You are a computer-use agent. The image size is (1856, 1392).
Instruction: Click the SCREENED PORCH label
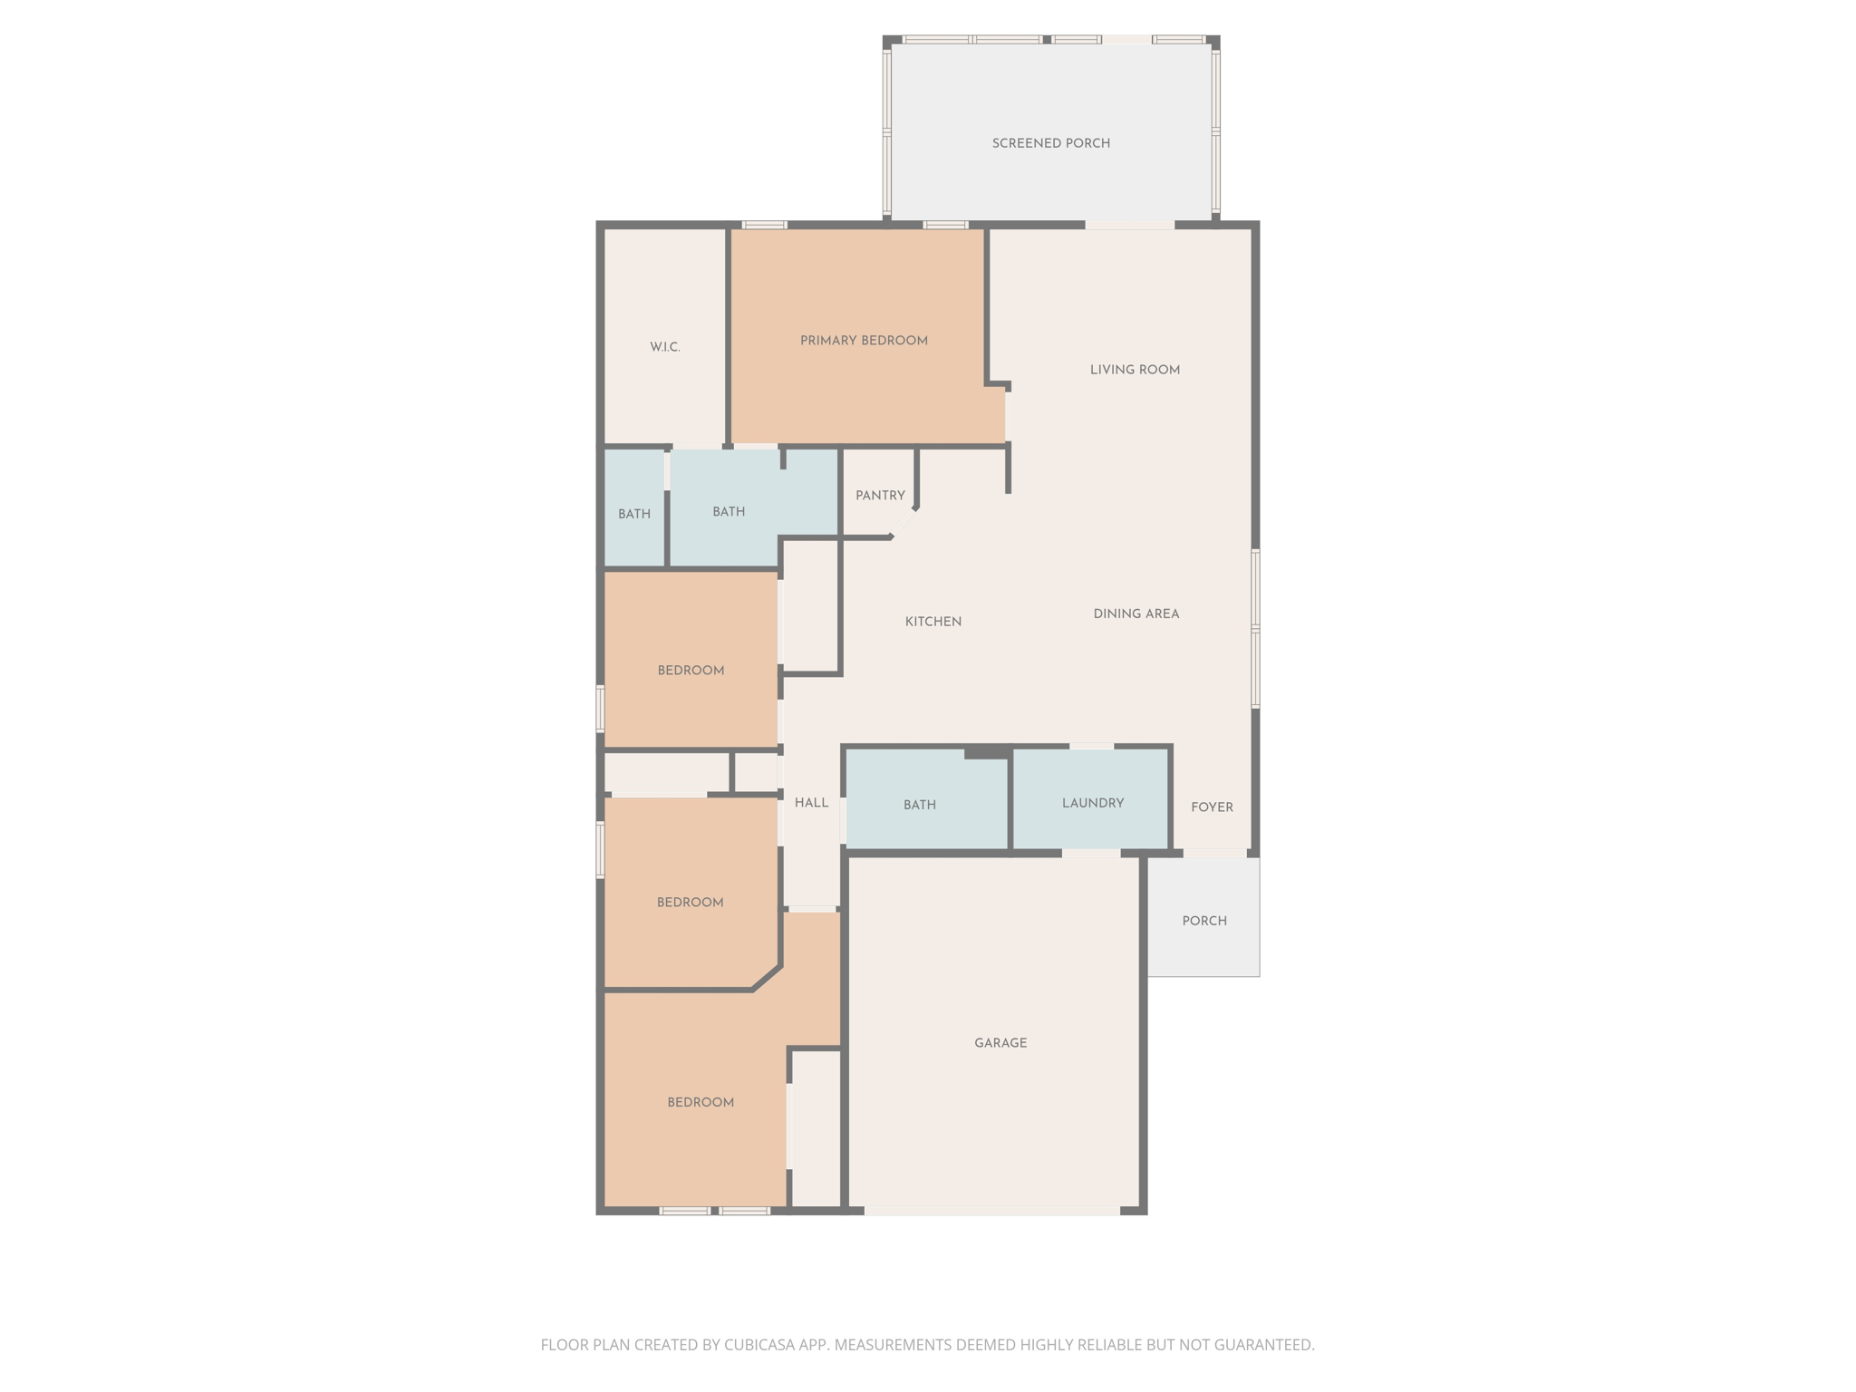click(1050, 143)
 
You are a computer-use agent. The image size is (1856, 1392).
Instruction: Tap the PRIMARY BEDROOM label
click(864, 341)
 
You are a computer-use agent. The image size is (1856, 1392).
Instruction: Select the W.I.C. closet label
click(664, 347)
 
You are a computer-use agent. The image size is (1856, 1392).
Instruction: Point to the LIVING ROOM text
click(1135, 370)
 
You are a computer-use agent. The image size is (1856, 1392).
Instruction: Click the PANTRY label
click(880, 496)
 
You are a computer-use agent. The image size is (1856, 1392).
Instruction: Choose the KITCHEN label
click(933, 622)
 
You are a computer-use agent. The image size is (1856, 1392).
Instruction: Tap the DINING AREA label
click(1136, 614)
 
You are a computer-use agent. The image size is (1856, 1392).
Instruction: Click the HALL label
click(811, 803)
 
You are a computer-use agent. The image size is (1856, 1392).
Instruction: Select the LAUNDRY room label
click(1092, 803)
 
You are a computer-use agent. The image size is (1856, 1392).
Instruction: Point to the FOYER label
click(1212, 807)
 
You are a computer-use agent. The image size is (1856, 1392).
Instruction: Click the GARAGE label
click(1000, 1043)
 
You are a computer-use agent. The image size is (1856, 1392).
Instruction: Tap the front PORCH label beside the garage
click(1204, 921)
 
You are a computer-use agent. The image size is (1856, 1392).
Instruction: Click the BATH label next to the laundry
click(919, 805)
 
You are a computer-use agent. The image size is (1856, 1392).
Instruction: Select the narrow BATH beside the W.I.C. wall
click(634, 514)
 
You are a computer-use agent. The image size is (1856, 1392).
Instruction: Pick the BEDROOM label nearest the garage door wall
click(701, 1102)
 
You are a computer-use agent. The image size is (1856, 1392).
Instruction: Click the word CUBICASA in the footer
click(760, 1345)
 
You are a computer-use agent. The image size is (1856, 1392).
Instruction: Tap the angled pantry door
click(904, 523)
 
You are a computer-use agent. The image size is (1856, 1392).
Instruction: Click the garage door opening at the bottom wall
click(992, 1210)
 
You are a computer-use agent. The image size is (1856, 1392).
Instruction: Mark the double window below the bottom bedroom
click(715, 1210)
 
